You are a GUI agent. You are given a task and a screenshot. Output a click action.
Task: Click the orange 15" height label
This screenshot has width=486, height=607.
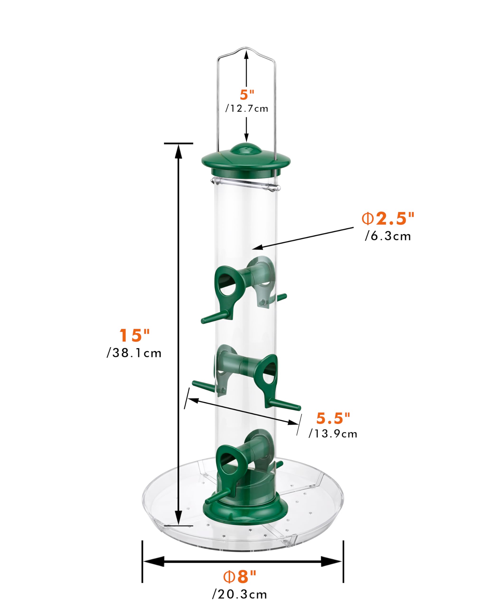134,335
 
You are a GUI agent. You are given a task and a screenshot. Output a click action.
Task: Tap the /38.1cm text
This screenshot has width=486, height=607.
134,353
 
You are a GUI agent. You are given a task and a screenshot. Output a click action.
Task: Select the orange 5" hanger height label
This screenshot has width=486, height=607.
247,95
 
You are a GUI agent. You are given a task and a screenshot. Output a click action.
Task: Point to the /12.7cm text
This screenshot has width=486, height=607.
247,108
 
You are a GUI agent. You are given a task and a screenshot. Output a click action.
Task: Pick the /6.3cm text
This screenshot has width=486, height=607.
388,236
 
